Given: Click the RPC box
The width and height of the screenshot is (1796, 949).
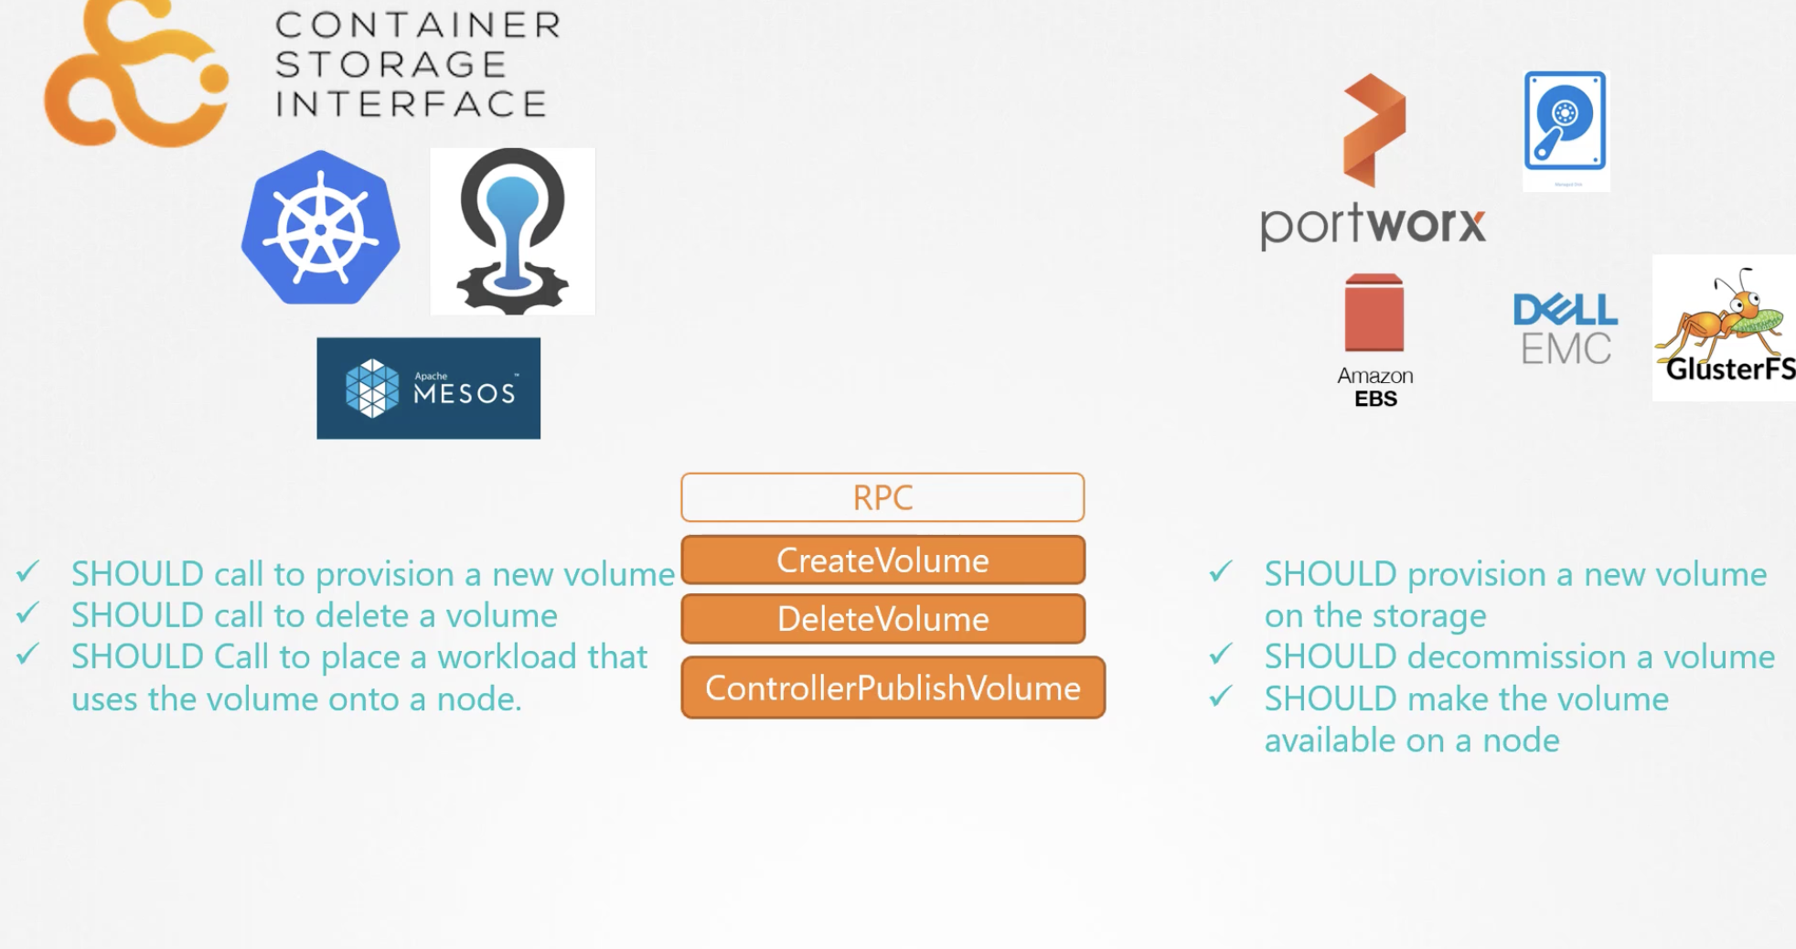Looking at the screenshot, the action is point(882,497).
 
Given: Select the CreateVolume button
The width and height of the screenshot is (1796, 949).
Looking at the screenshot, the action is point(883,560).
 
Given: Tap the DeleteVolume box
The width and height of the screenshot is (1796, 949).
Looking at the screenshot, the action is point(883,619).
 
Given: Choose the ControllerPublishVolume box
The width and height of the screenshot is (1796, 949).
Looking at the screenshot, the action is point(893,688).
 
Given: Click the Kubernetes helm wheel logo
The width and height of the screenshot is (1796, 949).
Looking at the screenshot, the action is point(320,228).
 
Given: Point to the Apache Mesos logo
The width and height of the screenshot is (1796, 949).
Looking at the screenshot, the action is point(429,389).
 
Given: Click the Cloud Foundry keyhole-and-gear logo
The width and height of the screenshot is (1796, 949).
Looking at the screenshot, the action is point(513,231).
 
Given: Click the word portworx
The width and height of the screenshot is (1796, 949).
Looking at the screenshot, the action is point(1373,226).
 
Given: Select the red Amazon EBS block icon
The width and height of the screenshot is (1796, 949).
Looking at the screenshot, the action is point(1374,313).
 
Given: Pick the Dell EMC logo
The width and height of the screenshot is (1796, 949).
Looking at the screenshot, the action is point(1566,329).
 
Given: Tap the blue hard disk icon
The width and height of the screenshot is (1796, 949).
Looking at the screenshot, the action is point(1566,121).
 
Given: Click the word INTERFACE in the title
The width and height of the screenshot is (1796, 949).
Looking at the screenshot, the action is point(412,104).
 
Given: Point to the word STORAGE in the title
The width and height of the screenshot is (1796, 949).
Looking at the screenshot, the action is point(390,65).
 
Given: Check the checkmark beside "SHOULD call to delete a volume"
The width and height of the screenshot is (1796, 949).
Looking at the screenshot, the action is point(27,613).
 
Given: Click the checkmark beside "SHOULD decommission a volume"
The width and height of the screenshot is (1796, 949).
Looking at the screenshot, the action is point(1221,654).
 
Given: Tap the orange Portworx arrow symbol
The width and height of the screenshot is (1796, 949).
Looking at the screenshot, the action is point(1374,130).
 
